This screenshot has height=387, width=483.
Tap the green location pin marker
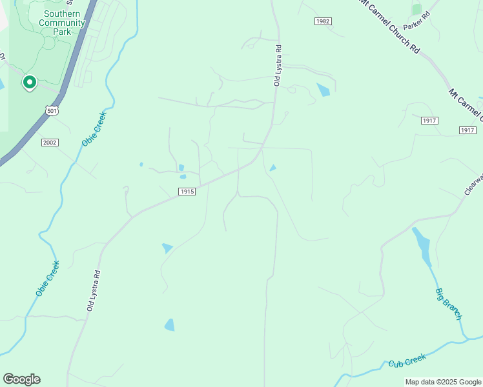coord(29,83)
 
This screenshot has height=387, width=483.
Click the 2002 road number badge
coord(50,142)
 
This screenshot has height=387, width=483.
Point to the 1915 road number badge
coord(187,191)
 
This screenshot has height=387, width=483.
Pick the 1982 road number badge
coord(324,21)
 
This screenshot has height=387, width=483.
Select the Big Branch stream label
coord(448,301)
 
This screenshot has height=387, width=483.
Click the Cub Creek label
coord(407,363)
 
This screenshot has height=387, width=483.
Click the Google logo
coord(21,379)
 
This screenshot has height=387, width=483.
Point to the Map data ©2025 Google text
coord(443,382)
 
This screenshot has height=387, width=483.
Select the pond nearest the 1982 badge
coord(324,90)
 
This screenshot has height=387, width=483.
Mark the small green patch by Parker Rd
coord(416,9)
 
